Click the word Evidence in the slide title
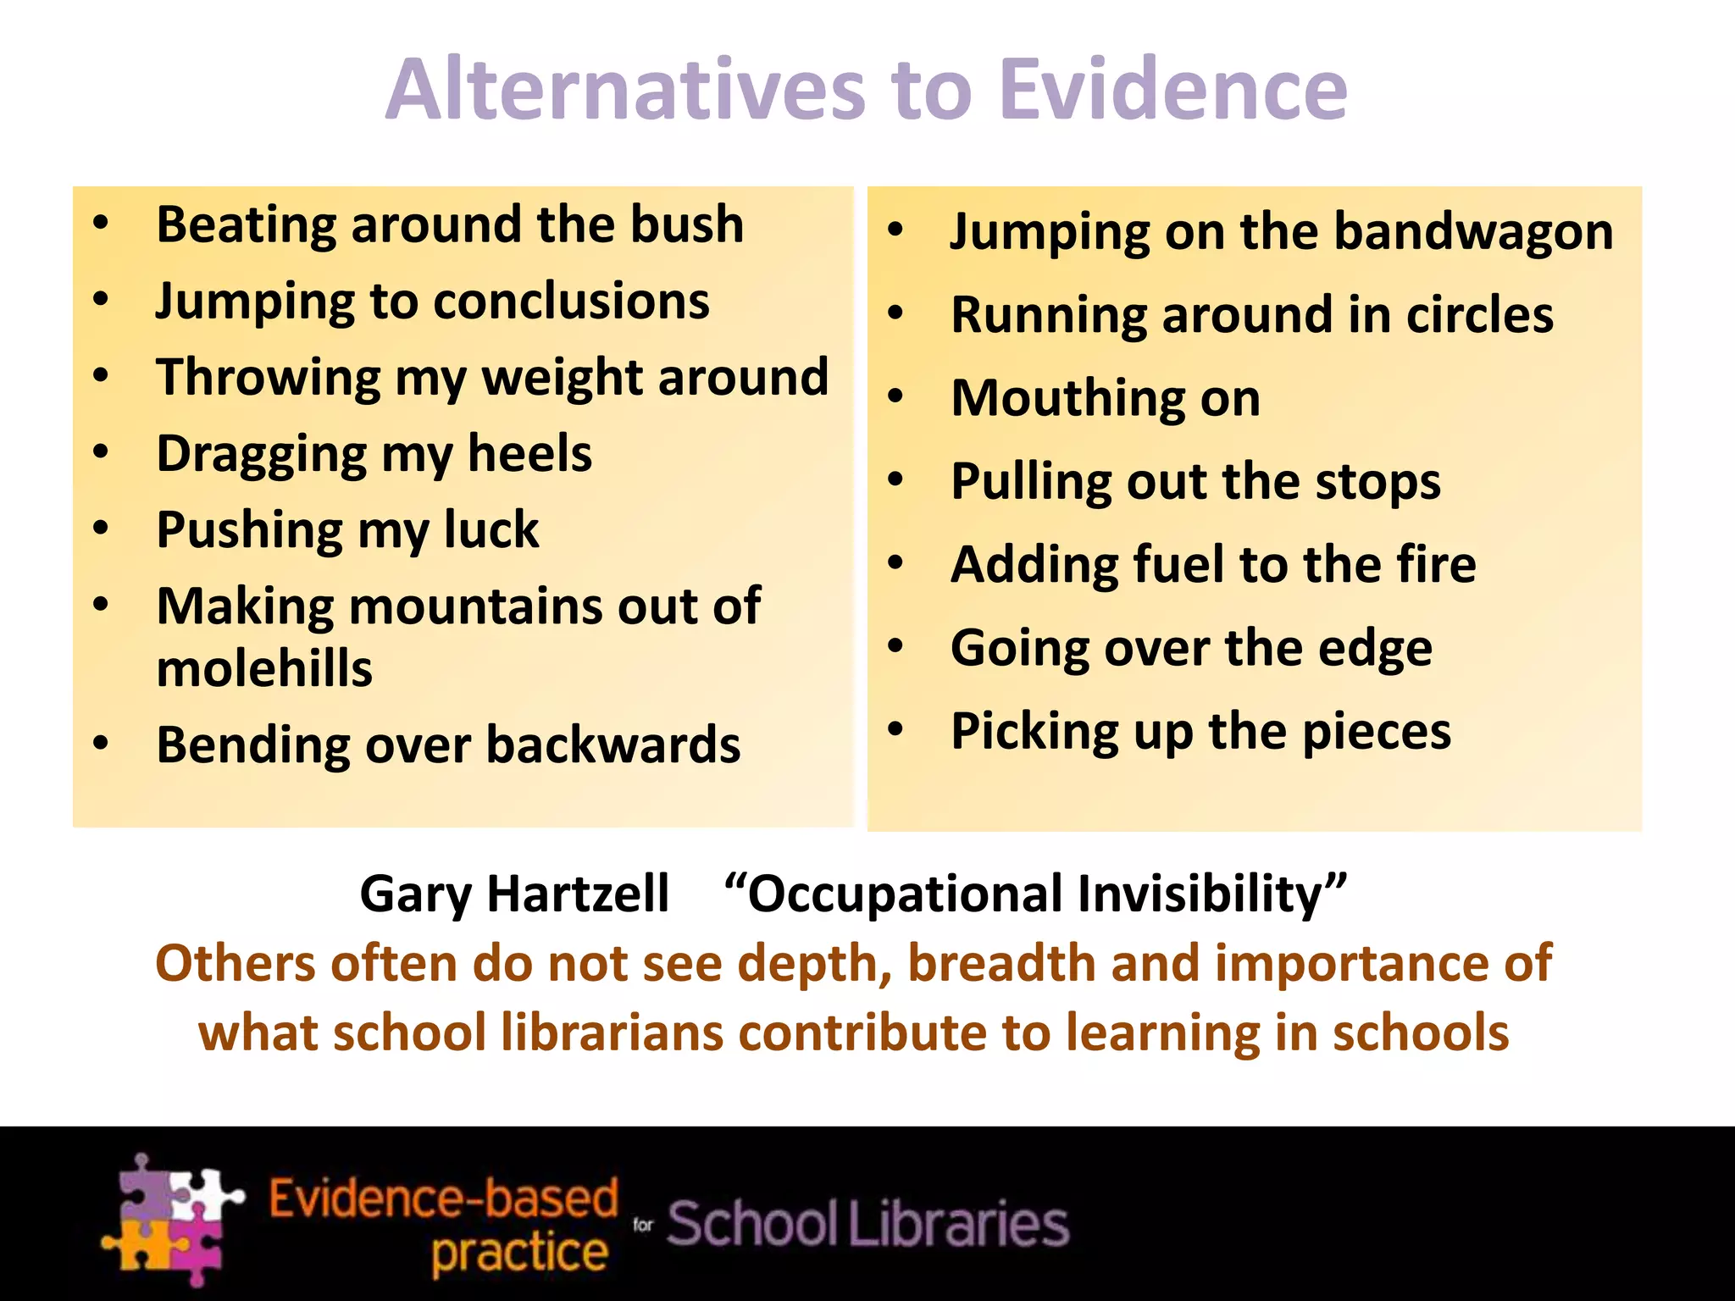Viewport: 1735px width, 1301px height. (1172, 89)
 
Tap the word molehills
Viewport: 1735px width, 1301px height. (264, 668)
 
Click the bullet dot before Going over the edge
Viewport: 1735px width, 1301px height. (896, 646)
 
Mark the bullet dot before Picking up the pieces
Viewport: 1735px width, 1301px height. (896, 729)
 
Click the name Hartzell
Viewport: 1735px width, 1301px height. (579, 894)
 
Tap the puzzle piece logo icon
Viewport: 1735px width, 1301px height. (172, 1219)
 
